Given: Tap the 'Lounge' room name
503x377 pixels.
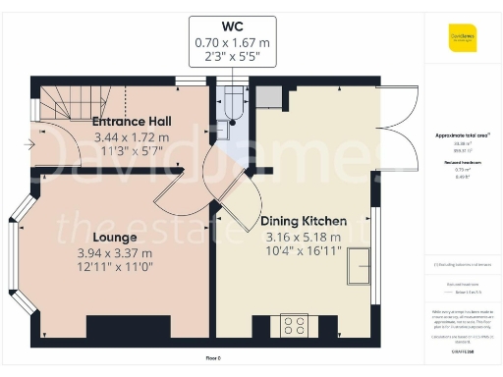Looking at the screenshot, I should click(x=114, y=238).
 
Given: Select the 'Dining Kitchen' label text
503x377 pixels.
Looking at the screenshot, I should click(x=302, y=221).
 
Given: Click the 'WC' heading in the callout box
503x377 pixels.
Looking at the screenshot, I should click(x=232, y=26).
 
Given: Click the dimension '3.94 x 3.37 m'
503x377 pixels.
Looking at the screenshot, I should click(x=114, y=253).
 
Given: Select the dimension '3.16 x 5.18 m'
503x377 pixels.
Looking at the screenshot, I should click(x=302, y=237).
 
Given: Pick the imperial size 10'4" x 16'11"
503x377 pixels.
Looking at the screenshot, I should click(x=302, y=251).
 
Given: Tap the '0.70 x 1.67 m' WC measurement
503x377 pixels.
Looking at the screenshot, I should click(x=232, y=42).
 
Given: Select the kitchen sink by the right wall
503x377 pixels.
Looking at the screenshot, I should click(x=358, y=264).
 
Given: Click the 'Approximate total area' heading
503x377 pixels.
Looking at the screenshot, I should click(x=461, y=134).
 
